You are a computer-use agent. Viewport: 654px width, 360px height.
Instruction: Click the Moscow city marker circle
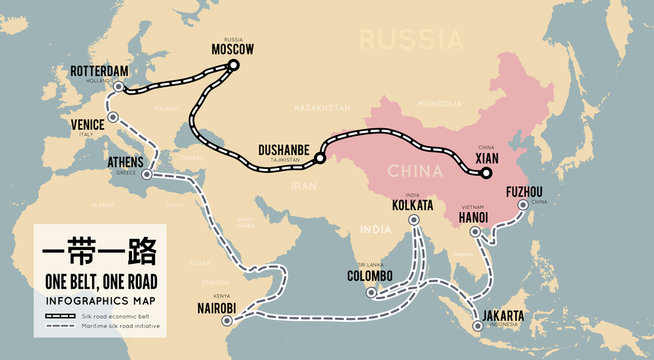[233, 65]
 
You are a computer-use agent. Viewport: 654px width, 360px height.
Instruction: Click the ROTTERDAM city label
[101, 71]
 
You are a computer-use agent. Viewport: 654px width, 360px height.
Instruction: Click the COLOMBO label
[370, 276]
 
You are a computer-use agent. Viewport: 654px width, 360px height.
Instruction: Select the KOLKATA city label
[414, 205]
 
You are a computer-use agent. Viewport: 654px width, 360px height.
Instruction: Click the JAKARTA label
[502, 316]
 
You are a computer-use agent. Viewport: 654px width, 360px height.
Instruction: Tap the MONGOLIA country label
[440, 104]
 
